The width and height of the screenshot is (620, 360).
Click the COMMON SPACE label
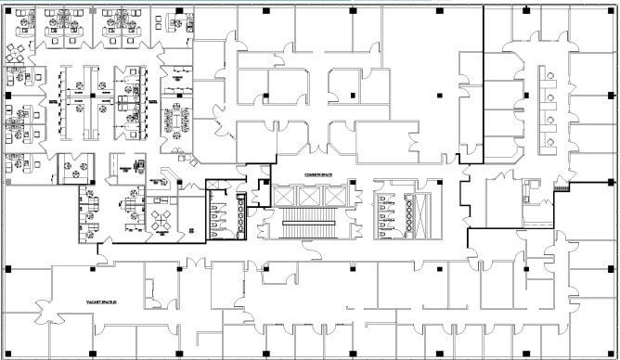click(x=307, y=174)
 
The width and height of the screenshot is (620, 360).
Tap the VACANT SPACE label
click(x=98, y=302)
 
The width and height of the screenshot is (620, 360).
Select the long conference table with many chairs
click(x=174, y=119)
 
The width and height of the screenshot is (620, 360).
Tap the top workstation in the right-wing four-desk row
click(x=551, y=77)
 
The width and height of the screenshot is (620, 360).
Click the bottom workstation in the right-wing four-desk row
click(x=551, y=141)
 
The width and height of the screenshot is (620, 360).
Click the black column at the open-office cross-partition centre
click(x=96, y=95)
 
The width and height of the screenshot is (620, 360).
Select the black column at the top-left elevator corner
click(x=265, y=182)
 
